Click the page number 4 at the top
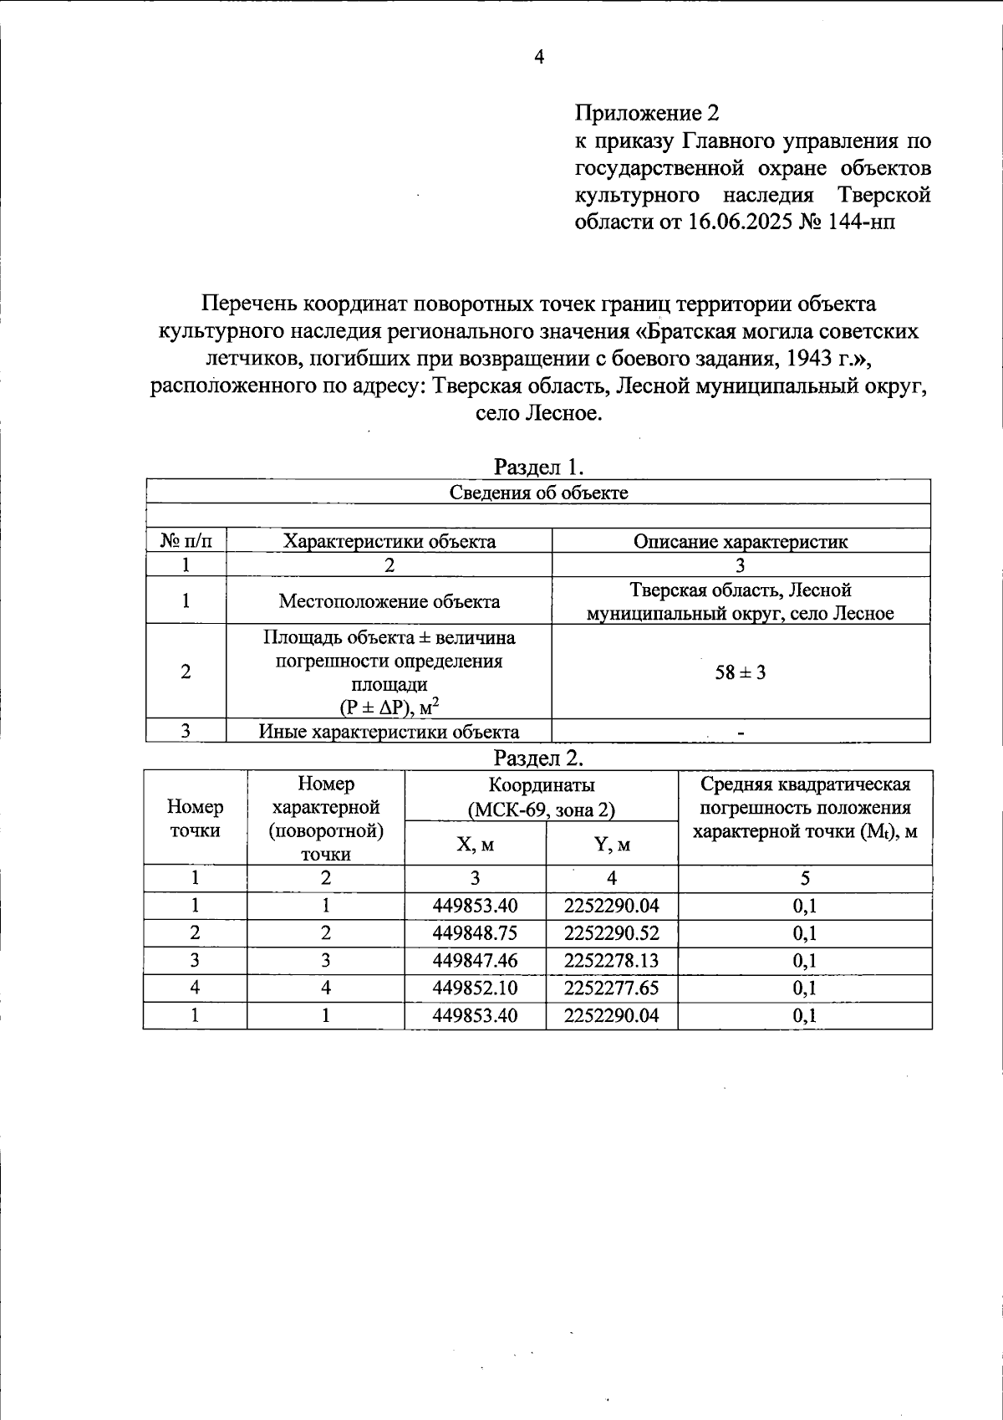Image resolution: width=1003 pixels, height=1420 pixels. coord(539,57)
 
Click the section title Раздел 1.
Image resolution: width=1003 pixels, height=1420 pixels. coord(539,466)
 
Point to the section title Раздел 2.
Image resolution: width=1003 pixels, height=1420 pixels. coord(539,758)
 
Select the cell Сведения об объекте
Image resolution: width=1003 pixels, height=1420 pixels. coord(539,493)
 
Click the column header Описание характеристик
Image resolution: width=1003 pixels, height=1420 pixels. coord(741,541)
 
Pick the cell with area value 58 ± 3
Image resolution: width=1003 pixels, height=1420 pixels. coord(741,672)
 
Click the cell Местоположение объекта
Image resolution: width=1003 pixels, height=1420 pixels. coord(389,601)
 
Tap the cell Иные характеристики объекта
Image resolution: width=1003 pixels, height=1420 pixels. coord(389,732)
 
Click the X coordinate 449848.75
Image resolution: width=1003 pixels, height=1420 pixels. coord(475,933)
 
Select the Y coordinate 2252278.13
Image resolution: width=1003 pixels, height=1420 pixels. coord(611,961)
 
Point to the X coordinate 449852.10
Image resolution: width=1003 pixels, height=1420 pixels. coord(475,988)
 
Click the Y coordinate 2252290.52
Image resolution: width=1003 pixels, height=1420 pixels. coord(611,933)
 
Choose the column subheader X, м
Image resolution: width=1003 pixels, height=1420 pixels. coord(475,845)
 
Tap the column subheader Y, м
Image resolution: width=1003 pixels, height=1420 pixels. coord(612,845)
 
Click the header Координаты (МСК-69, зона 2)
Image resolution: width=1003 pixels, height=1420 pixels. coord(541,797)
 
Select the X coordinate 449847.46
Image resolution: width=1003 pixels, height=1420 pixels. coord(475,961)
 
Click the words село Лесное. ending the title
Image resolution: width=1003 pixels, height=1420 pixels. coord(538,414)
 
